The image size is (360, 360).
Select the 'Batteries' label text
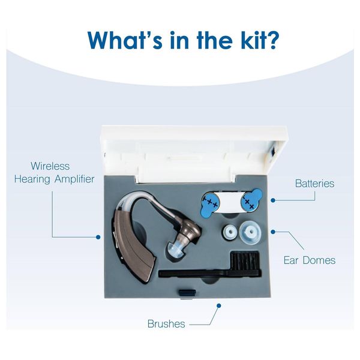(x=314, y=184)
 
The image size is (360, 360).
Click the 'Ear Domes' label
(x=309, y=260)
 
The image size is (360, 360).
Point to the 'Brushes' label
(x=166, y=324)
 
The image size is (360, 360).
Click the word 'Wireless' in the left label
(x=52, y=166)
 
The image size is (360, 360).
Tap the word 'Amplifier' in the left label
(x=73, y=179)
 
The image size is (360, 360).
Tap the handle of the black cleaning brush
(x=192, y=274)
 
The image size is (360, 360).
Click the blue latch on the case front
(x=187, y=292)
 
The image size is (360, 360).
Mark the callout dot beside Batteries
(x=274, y=200)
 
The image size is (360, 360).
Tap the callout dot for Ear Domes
(x=274, y=231)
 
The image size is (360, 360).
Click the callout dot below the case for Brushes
(x=219, y=305)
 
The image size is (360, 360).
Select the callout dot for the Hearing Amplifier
(x=98, y=237)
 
